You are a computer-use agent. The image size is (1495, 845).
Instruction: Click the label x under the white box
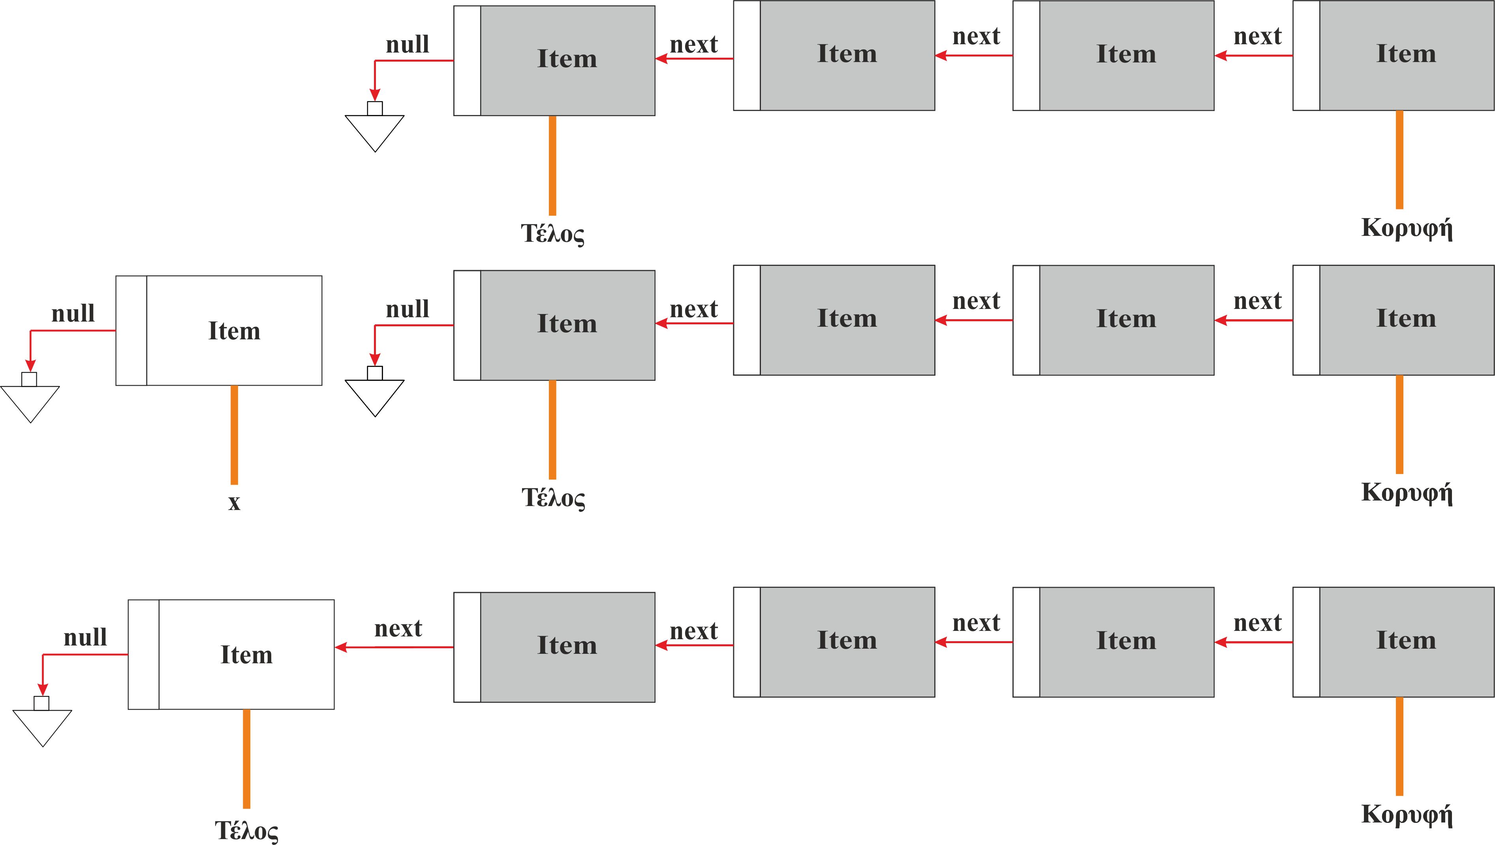click(x=234, y=503)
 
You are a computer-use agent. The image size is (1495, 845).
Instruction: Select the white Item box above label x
click(x=219, y=330)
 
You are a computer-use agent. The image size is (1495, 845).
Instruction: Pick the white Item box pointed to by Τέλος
click(x=231, y=655)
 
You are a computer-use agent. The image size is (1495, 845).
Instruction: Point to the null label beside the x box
click(x=73, y=314)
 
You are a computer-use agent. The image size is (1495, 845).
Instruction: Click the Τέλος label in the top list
click(x=552, y=233)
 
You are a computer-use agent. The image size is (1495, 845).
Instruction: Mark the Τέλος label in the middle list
click(x=552, y=498)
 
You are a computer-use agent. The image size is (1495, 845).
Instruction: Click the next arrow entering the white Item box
click(x=394, y=647)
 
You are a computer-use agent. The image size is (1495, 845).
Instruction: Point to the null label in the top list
click(x=408, y=45)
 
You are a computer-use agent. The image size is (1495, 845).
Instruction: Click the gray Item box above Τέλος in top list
click(x=554, y=60)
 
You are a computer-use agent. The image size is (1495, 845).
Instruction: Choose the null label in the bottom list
click(x=85, y=638)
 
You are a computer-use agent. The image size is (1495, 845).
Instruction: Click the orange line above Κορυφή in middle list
click(x=1399, y=424)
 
